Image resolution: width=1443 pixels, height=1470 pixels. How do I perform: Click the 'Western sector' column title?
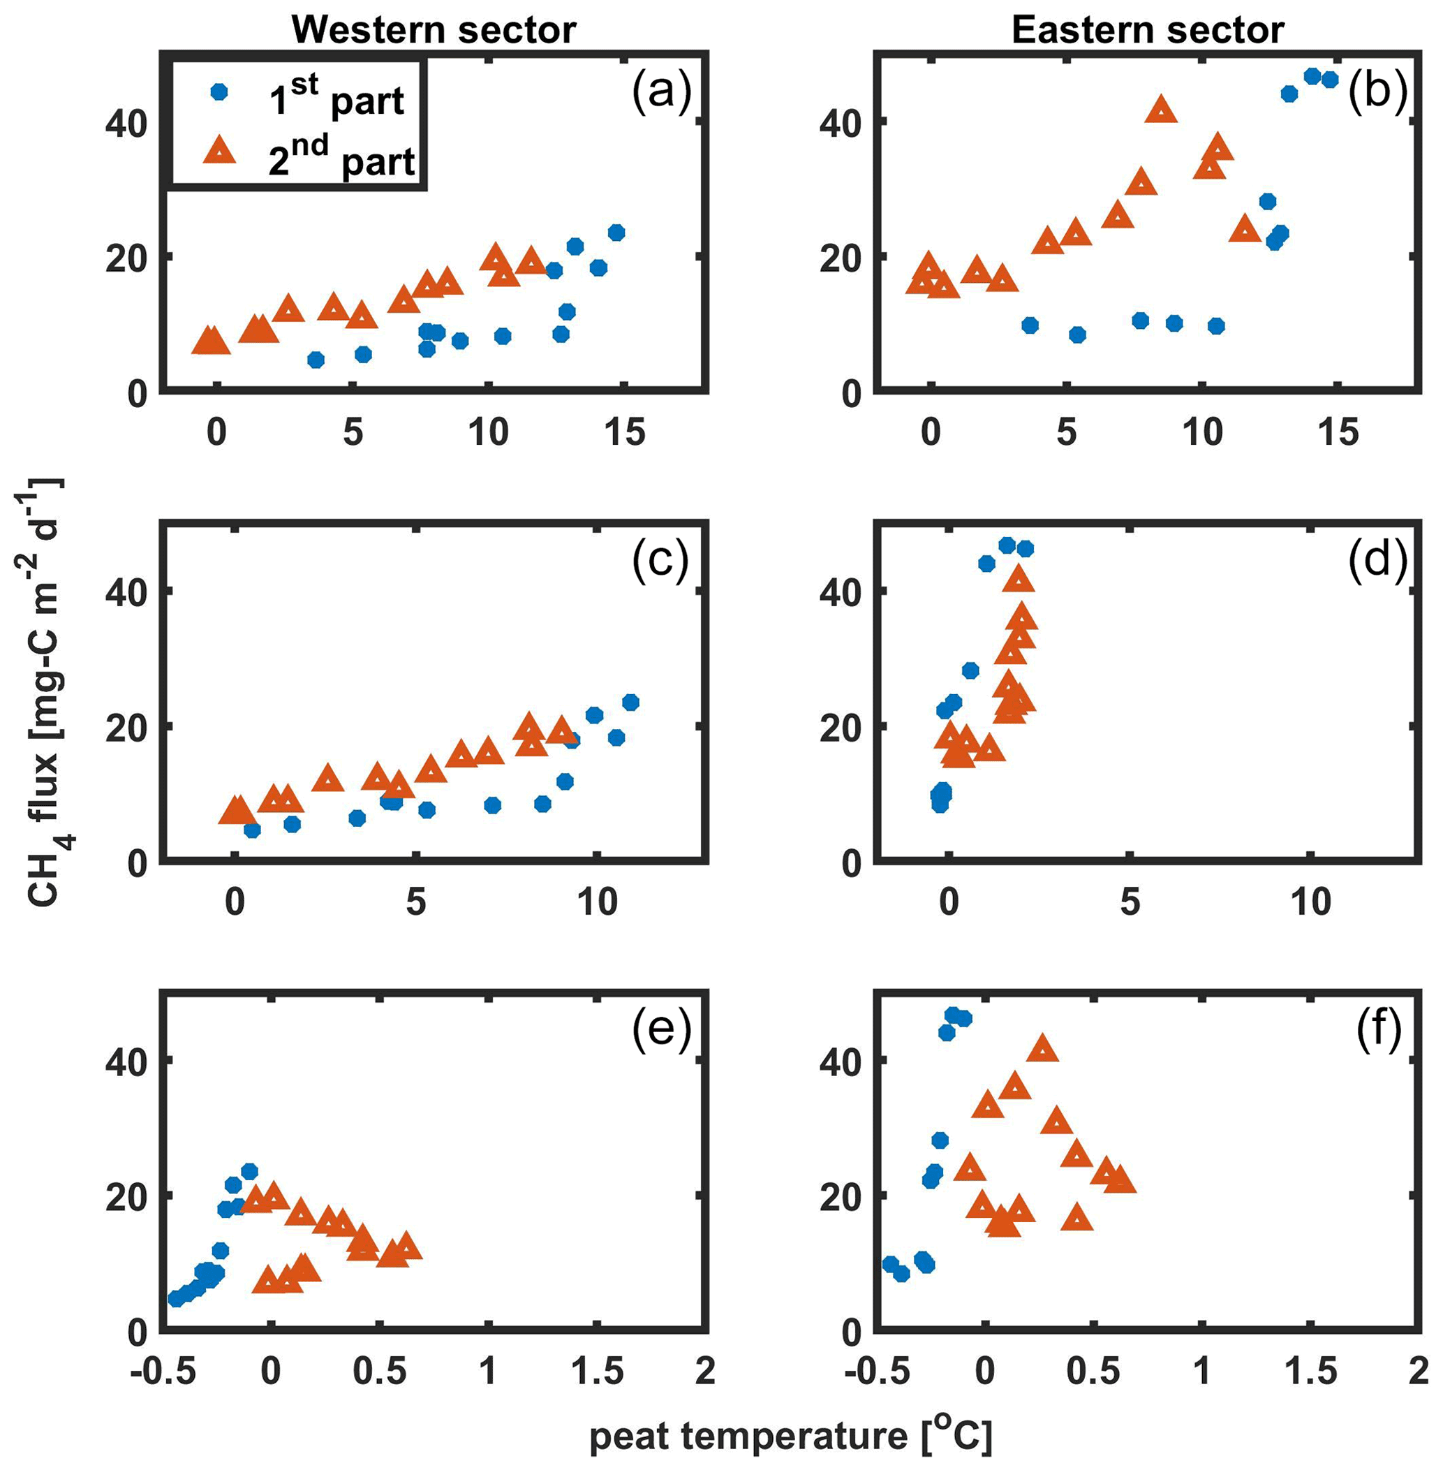point(434,30)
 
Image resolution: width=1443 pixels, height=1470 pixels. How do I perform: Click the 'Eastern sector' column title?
point(1148,30)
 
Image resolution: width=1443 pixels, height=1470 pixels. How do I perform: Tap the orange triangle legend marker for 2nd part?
point(220,153)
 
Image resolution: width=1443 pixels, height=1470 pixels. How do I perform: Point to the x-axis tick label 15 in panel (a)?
point(625,434)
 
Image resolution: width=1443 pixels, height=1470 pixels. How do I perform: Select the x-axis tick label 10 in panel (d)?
point(1310,902)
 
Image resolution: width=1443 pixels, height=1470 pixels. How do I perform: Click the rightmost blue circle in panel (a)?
point(616,232)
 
